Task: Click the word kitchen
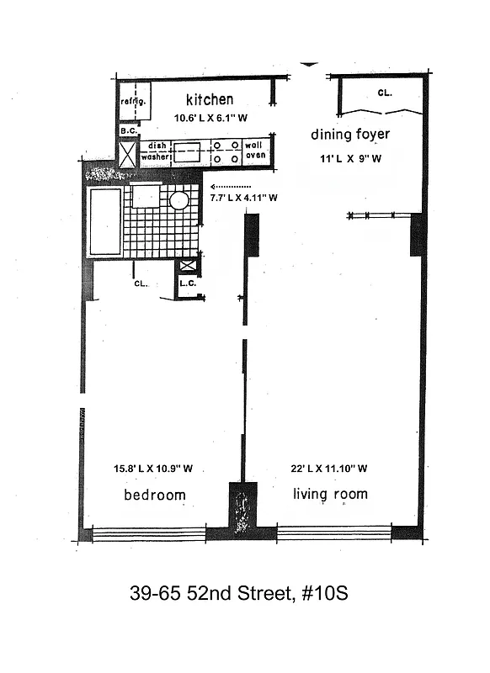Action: pos(210,99)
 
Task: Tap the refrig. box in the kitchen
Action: pos(134,102)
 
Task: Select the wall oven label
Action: pos(255,151)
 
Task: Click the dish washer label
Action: pos(156,151)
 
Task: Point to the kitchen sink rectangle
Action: pos(187,152)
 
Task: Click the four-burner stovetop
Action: pos(225,152)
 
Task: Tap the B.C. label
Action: pos(128,131)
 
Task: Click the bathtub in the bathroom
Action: pos(105,221)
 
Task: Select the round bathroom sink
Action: pos(178,200)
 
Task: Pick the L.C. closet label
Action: pos(187,284)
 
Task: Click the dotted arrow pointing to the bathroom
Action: pos(231,187)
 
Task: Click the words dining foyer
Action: pos(349,135)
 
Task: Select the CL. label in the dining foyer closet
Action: pos(385,93)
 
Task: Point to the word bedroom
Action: pos(155,495)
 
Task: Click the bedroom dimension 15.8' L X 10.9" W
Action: pos(154,469)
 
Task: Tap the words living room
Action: pos(330,494)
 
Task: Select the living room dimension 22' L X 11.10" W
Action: pos(330,469)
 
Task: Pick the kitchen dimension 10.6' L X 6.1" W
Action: pos(210,119)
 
